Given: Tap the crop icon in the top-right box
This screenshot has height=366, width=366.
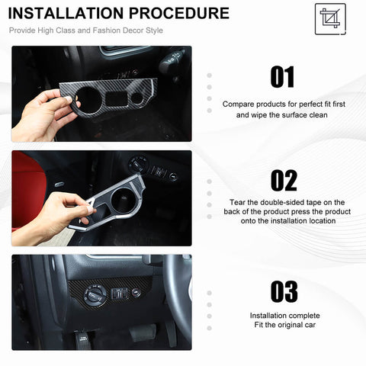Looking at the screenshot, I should (x=330, y=18).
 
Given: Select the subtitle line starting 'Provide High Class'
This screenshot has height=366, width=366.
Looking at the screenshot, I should (x=85, y=31).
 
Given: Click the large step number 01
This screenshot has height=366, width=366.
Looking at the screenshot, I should (x=283, y=76).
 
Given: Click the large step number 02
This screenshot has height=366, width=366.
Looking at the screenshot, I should (x=283, y=180).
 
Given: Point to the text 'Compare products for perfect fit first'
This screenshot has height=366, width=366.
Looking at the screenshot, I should (x=283, y=104).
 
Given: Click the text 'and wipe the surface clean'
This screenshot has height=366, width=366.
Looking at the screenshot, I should (x=283, y=114).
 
